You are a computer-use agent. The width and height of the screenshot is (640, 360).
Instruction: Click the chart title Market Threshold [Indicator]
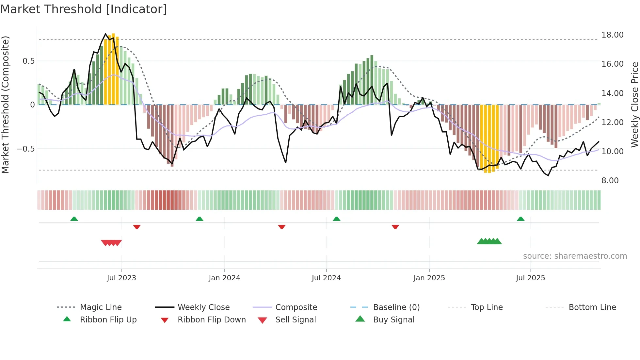(84, 9)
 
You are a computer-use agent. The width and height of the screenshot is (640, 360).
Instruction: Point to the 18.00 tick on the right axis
(612, 35)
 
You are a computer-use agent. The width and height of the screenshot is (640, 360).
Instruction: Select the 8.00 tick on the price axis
(610, 181)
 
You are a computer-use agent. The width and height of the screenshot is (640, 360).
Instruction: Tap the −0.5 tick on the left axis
(26, 149)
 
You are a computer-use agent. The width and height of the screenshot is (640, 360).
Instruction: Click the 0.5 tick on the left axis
(28, 61)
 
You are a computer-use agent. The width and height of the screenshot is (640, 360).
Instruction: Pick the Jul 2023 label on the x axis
(121, 278)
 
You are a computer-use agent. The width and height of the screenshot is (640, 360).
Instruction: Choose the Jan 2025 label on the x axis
(429, 278)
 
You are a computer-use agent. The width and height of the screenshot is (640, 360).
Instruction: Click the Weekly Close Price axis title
(634, 105)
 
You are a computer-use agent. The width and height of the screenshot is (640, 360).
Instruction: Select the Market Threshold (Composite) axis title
(5, 105)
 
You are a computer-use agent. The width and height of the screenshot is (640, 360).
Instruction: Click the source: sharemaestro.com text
(575, 256)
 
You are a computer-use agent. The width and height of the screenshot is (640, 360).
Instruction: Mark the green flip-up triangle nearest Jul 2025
(520, 219)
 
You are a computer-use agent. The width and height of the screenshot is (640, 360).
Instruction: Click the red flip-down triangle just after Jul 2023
(137, 227)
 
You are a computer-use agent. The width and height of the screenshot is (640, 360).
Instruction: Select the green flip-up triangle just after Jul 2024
(336, 219)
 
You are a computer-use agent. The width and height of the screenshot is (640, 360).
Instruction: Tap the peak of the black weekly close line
(105, 34)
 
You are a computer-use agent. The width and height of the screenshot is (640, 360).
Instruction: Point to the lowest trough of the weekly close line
(548, 175)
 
